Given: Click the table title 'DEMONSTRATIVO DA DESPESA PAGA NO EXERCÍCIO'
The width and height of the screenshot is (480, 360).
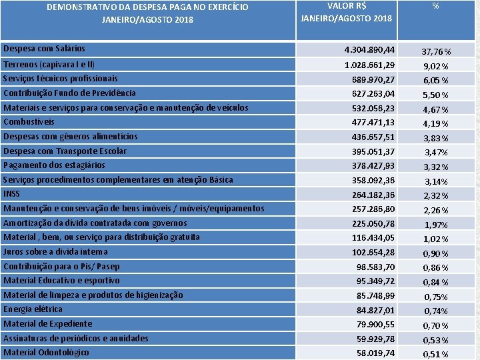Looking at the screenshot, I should (147, 7).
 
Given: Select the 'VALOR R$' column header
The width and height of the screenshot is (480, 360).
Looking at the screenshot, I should (346, 5).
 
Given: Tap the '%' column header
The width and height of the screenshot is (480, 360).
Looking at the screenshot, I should (435, 5).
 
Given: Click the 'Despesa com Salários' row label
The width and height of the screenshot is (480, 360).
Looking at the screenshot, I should (44, 49).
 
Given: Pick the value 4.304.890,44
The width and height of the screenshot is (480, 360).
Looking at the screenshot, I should (369, 50).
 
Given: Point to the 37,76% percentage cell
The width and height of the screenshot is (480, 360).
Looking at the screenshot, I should (437, 52).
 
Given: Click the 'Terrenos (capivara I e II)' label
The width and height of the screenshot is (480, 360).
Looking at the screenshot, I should (49, 65).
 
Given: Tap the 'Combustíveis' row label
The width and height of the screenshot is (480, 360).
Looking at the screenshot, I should (29, 122).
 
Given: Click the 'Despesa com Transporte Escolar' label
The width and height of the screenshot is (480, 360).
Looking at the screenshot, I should (65, 151).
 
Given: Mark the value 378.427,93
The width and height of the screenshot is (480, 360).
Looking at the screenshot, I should (373, 165).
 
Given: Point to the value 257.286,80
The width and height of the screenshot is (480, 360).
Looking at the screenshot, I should (373, 209).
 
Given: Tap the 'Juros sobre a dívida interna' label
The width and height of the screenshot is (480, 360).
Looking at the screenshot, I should (55, 251).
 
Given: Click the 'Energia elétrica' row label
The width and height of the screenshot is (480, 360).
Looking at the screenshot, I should (33, 309).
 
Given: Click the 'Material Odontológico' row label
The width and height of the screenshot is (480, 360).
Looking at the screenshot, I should (46, 352).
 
